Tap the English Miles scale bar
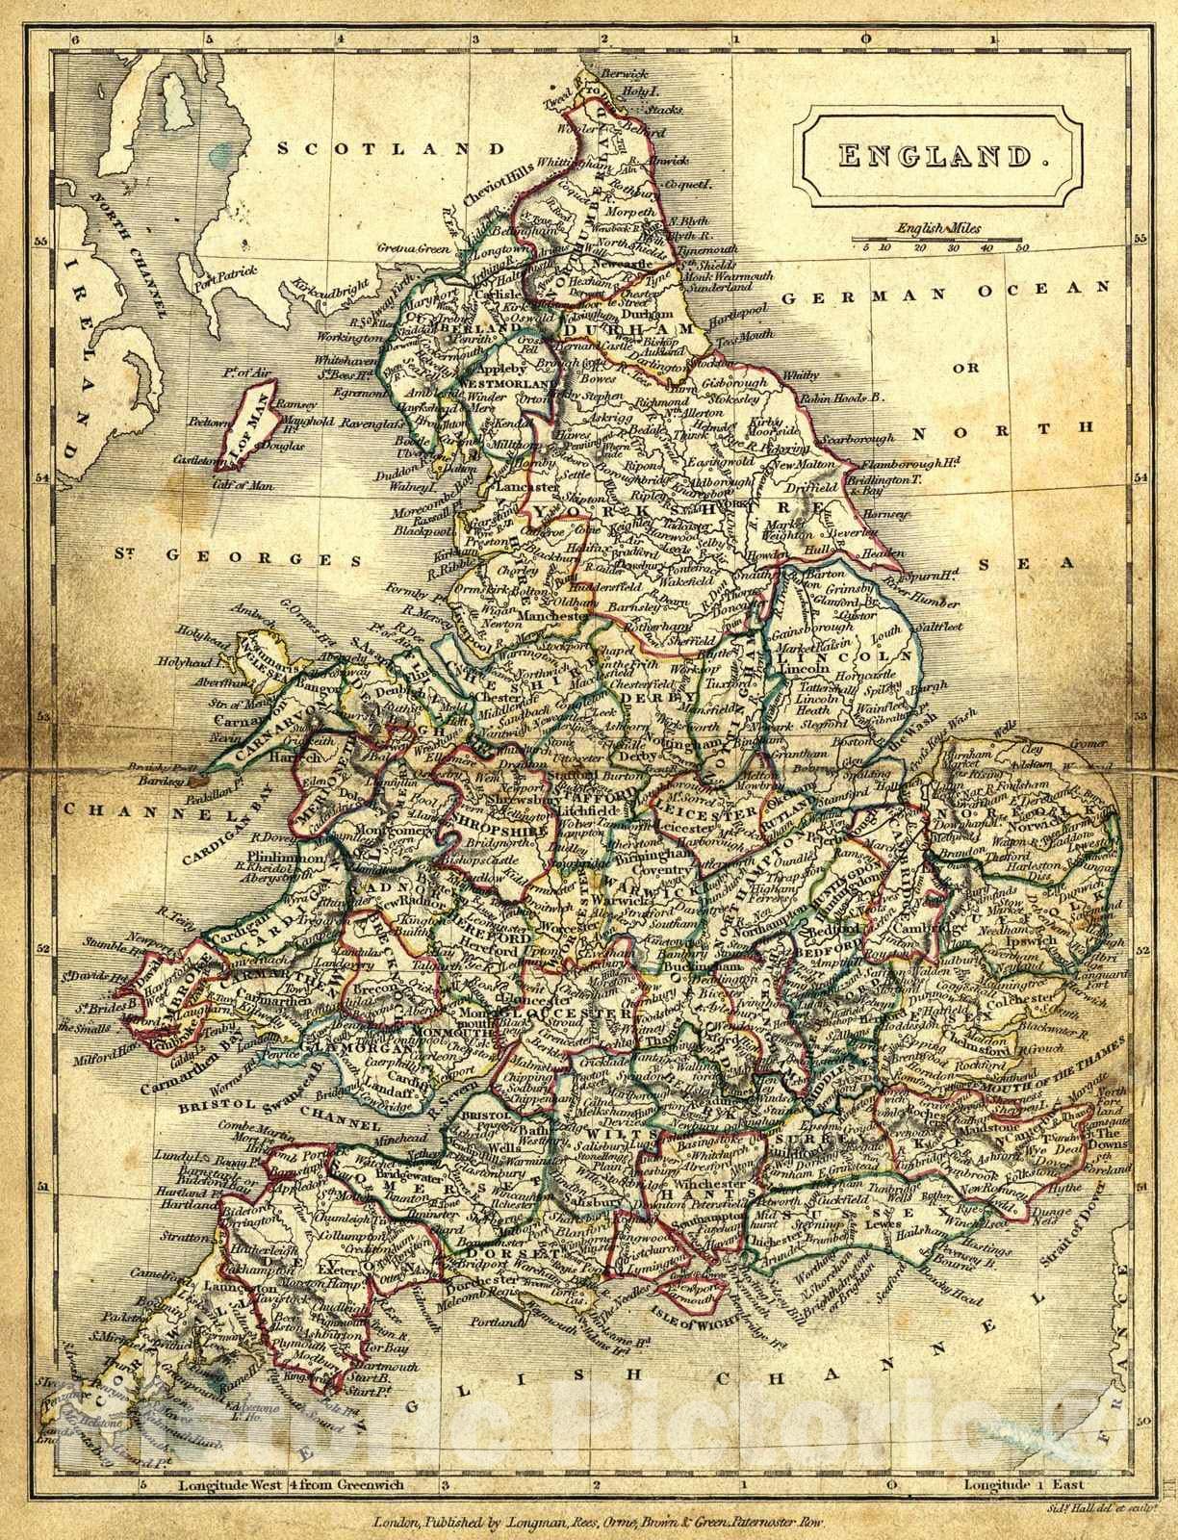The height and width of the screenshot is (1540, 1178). point(939,238)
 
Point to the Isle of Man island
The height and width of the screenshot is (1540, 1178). point(248,424)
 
